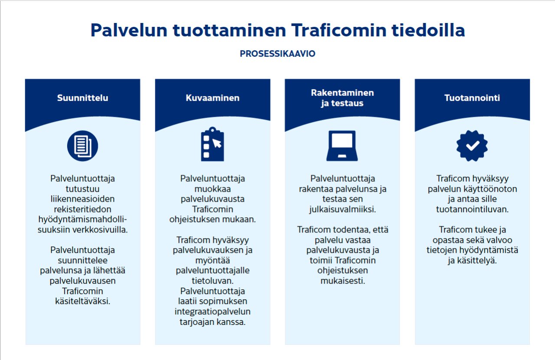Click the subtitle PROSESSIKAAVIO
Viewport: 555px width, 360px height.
click(x=277, y=54)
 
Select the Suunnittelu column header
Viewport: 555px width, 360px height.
click(x=83, y=98)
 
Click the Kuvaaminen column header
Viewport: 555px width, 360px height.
click(x=212, y=98)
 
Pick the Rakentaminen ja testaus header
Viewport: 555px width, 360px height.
click(x=342, y=98)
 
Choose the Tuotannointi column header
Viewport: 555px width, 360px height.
click(x=472, y=98)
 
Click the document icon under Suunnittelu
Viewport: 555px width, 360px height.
click(x=83, y=146)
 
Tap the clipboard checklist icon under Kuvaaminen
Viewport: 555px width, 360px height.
click(x=212, y=144)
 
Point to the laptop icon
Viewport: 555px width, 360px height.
click(x=342, y=146)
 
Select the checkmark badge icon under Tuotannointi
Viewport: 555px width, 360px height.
click(x=472, y=146)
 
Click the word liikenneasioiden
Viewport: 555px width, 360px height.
click(x=82, y=199)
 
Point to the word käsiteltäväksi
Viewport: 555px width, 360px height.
click(x=82, y=301)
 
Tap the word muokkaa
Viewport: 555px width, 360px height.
click(x=212, y=189)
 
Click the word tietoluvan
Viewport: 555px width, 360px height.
click(x=212, y=281)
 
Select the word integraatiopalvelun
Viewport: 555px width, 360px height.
click(x=212, y=312)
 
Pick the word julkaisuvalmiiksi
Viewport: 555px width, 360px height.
click(x=342, y=209)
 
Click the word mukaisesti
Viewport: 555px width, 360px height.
click(x=342, y=281)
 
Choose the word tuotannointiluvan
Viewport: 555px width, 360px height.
click(x=472, y=209)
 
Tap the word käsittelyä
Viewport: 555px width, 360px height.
click(x=472, y=260)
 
